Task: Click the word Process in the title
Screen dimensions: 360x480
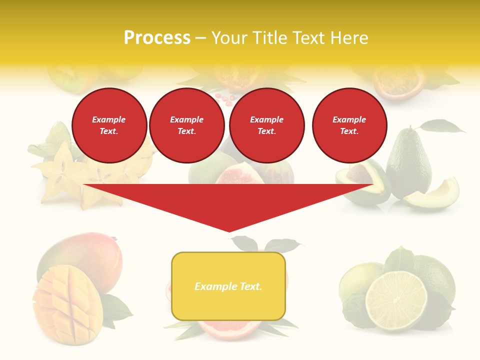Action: (157, 38)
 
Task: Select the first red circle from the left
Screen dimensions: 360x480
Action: (109, 125)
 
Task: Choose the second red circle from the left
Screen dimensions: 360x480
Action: (187, 125)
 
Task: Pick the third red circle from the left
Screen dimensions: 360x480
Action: (267, 125)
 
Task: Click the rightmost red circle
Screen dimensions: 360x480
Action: (349, 125)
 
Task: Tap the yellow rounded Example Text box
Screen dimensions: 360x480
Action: (228, 286)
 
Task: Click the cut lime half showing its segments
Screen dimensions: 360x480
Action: (396, 300)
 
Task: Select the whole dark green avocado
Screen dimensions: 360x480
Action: (408, 162)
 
